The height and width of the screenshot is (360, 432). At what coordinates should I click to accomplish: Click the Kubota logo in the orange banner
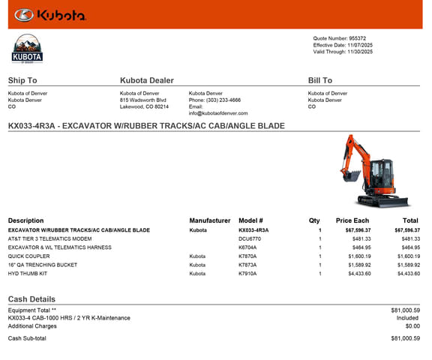(50, 14)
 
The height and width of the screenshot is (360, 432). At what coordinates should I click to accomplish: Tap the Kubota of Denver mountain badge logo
(28, 49)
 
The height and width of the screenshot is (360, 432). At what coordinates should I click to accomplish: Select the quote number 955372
(358, 38)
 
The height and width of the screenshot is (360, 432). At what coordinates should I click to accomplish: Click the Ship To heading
(22, 80)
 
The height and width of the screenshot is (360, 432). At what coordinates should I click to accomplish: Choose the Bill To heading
(320, 80)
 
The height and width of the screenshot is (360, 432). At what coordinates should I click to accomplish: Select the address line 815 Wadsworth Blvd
(143, 100)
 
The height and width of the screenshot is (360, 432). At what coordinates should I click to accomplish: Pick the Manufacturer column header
(210, 220)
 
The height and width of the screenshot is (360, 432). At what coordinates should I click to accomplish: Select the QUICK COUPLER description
(29, 256)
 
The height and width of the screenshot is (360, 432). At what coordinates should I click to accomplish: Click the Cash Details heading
(31, 299)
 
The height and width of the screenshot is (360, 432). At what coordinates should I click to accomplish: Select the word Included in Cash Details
(408, 318)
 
